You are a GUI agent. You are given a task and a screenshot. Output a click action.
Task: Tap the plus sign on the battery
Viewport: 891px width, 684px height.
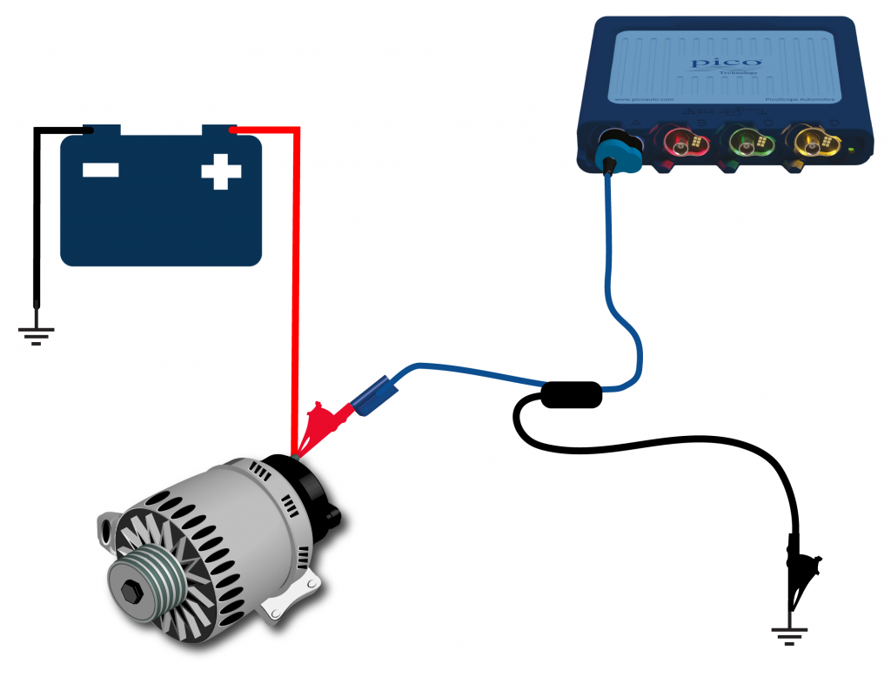(x=221, y=171)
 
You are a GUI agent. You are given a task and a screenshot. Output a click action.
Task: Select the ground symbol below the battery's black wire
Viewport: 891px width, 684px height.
(x=37, y=332)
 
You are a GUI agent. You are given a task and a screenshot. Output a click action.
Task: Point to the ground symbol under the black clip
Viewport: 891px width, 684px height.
(x=790, y=634)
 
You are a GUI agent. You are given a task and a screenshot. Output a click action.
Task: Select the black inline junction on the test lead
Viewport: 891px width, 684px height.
(x=571, y=395)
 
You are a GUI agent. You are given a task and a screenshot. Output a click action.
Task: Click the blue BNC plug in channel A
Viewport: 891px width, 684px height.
(x=614, y=151)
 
